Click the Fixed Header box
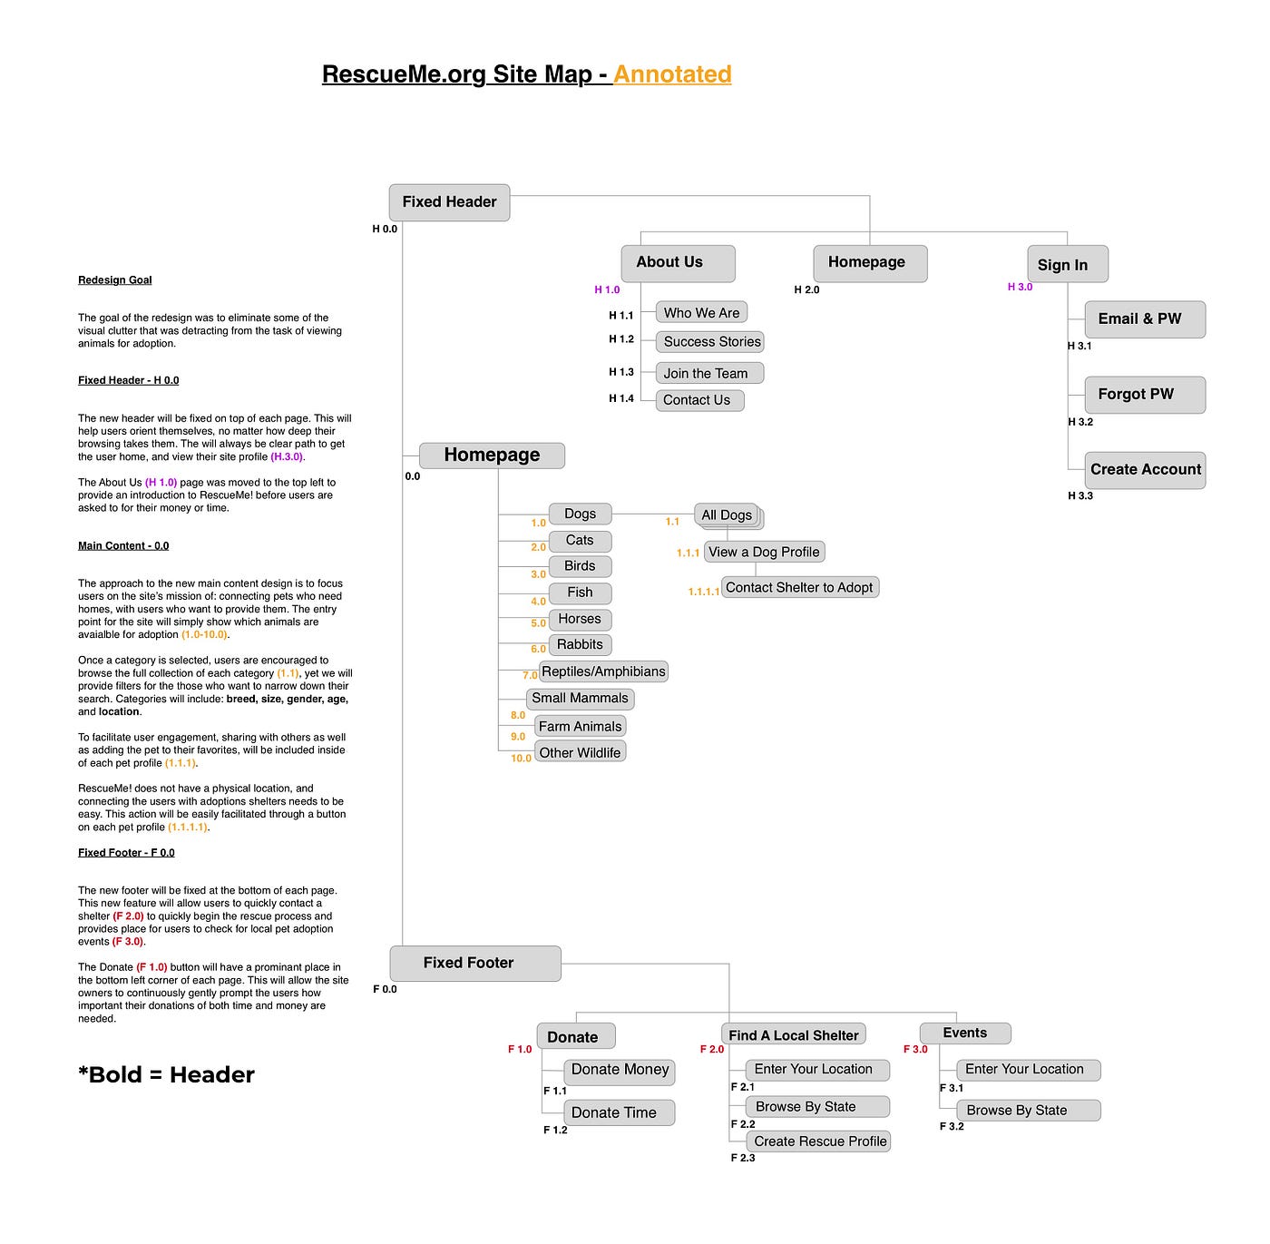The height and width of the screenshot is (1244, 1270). click(449, 202)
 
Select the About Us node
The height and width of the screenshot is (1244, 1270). click(678, 263)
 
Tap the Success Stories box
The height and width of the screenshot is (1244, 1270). click(710, 342)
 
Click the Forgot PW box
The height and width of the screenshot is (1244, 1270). click(1145, 395)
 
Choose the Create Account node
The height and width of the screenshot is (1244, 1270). click(1145, 470)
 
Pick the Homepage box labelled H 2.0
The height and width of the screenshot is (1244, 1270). click(870, 263)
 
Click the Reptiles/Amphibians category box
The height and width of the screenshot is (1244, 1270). click(603, 671)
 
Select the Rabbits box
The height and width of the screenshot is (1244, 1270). click(580, 645)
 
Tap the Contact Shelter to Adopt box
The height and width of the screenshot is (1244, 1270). click(799, 588)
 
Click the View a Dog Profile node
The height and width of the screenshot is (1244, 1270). click(764, 552)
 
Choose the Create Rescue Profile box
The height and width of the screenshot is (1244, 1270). click(819, 1141)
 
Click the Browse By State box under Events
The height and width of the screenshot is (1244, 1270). click(1028, 1111)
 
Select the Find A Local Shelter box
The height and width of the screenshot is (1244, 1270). click(794, 1035)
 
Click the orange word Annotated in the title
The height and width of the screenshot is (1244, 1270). click(672, 74)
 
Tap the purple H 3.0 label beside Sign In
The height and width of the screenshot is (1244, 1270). click(1020, 288)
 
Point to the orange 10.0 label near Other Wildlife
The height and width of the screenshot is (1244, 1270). click(521, 759)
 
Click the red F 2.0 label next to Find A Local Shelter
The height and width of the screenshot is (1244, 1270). click(712, 1050)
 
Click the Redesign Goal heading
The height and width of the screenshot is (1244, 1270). click(115, 280)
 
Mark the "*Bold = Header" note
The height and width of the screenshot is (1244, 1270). click(166, 1075)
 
